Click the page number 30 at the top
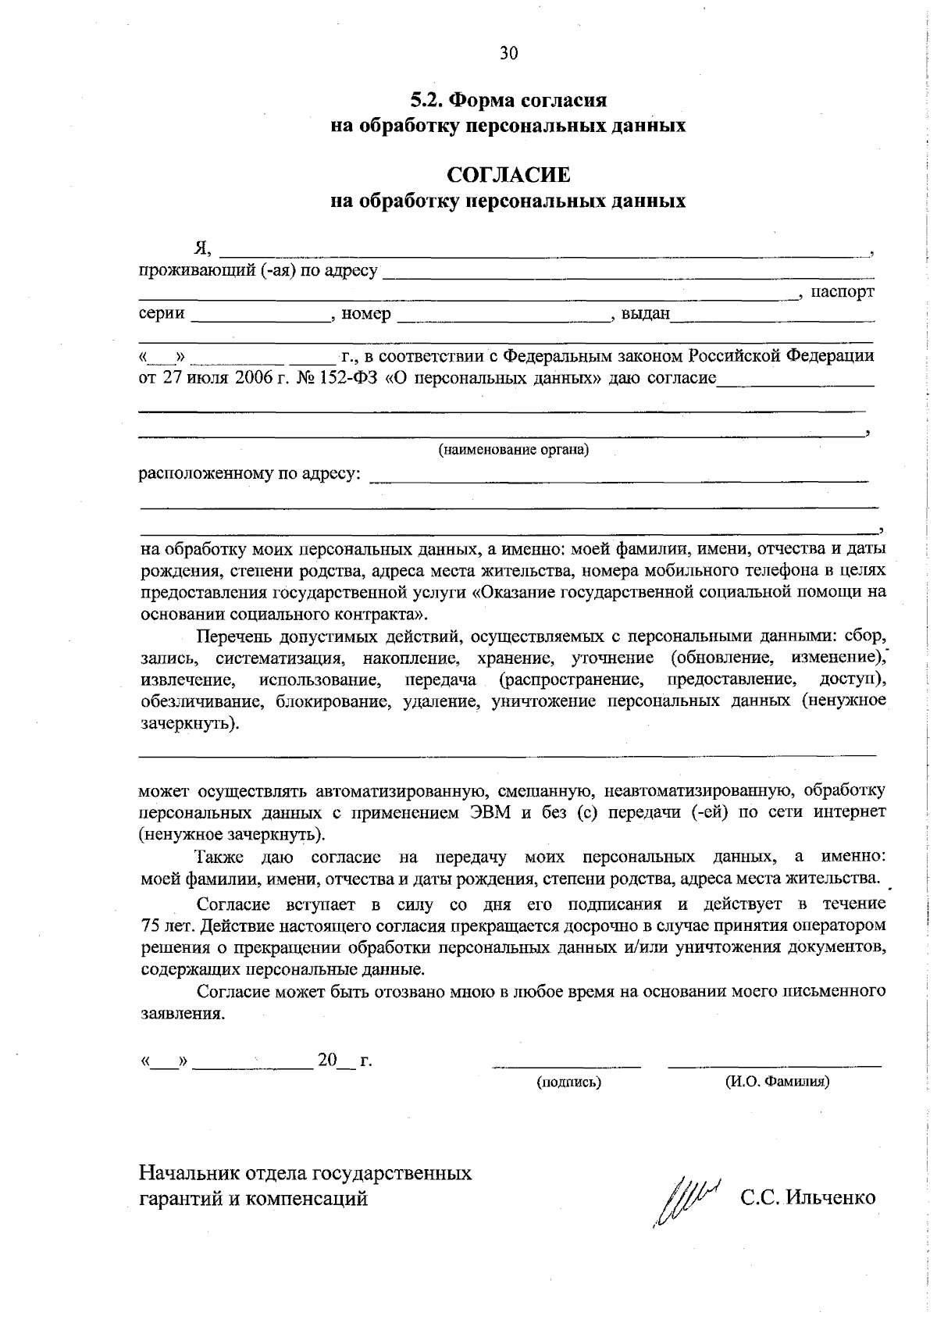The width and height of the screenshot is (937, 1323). tap(508, 53)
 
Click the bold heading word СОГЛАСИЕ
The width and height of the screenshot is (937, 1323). tap(508, 173)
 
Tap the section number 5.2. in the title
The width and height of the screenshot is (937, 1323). tap(427, 101)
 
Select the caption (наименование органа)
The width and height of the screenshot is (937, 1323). tap(513, 450)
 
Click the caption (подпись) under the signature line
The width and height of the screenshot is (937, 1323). tap(568, 1082)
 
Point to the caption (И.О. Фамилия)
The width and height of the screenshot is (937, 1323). tap(777, 1082)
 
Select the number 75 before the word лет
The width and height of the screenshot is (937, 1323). tap(150, 926)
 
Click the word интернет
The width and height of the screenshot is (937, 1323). tap(850, 812)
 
